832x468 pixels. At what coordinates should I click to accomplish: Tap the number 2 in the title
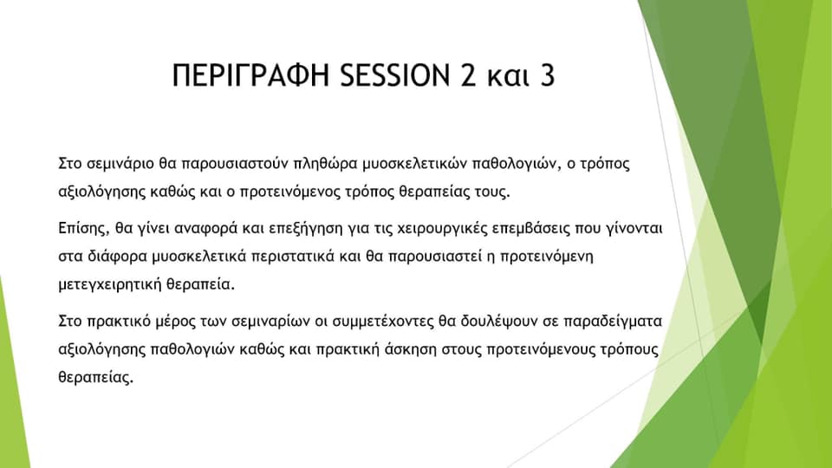pyautogui.click(x=469, y=75)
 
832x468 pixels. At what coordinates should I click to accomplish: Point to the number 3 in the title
pyautogui.click(x=548, y=75)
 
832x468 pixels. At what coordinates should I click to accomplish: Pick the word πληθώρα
pyautogui.click(x=326, y=164)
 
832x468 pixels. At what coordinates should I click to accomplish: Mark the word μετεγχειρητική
pyautogui.click(x=110, y=284)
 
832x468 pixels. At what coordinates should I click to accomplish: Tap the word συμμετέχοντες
pyautogui.click(x=383, y=322)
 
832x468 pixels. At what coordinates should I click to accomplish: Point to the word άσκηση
pyautogui.click(x=411, y=349)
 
